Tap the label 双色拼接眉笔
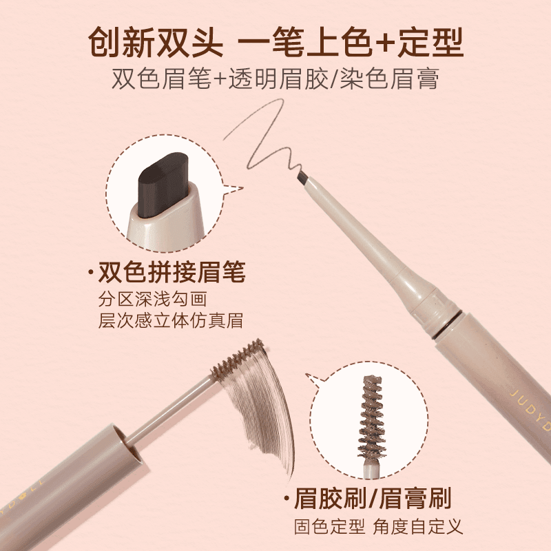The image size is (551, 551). [171, 273]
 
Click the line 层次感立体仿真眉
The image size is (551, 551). [171, 321]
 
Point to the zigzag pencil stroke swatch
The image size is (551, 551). [265, 138]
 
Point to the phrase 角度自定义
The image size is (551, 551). [418, 527]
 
